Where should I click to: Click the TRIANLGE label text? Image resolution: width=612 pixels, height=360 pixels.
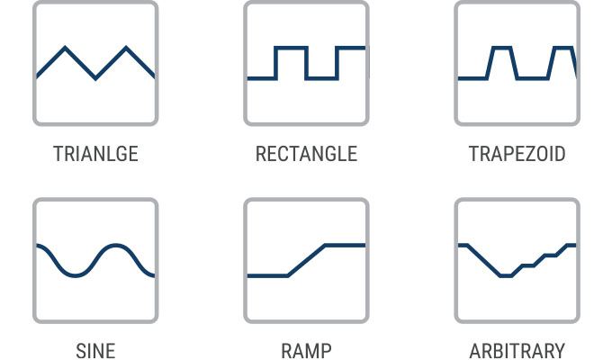click(95, 154)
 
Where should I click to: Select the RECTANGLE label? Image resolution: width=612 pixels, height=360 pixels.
click(306, 154)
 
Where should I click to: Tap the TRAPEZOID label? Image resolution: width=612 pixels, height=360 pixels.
click(517, 154)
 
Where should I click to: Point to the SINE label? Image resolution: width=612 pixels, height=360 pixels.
click(95, 350)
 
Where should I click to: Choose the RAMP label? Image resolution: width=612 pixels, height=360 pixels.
click(306, 350)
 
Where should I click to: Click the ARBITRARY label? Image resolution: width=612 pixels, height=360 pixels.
click(517, 350)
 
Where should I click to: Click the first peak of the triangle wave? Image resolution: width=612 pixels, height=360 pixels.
click(65, 48)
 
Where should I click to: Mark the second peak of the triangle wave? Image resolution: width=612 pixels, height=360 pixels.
click(126, 48)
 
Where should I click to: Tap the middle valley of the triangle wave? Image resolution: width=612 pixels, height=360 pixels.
click(95, 78)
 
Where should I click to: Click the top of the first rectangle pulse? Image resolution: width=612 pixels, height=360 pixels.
click(291, 48)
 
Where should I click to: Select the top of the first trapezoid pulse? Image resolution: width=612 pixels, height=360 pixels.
click(502, 48)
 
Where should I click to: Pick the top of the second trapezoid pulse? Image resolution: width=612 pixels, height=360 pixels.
click(563, 48)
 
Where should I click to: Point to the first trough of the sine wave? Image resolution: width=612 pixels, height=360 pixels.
click(75, 275)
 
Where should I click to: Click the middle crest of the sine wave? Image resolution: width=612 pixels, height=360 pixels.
click(115, 246)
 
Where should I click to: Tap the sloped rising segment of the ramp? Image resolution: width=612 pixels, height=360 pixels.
click(306, 261)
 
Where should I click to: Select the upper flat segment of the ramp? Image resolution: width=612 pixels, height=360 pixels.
click(346, 246)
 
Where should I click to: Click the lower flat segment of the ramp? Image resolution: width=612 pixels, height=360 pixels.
click(268, 276)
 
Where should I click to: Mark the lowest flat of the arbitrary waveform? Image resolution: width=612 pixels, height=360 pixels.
click(506, 276)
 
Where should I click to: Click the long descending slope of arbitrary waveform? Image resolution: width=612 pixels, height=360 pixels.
click(484, 261)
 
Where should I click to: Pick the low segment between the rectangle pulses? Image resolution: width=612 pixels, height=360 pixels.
click(321, 78)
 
